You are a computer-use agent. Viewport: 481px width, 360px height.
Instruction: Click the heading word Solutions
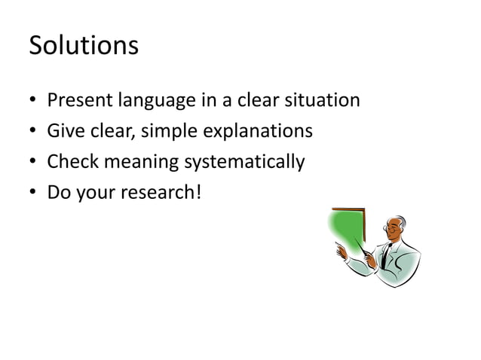[84, 46]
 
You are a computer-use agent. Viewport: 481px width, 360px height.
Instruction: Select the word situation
[324, 100]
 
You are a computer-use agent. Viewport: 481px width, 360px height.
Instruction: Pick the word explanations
[258, 132]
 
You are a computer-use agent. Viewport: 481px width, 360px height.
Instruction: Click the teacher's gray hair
[401, 221]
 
